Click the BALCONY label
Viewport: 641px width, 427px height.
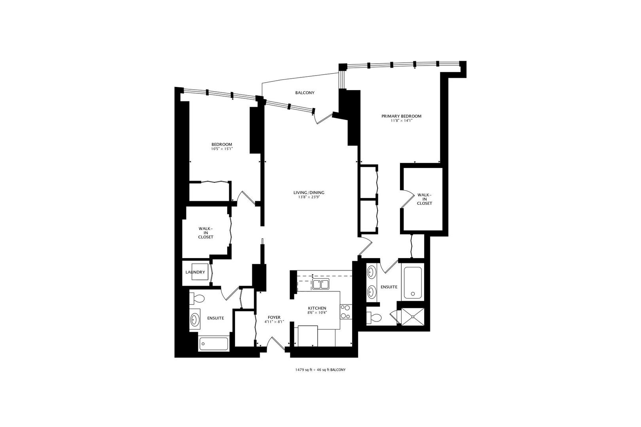coord(305,93)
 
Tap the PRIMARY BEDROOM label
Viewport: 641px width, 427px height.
coord(401,116)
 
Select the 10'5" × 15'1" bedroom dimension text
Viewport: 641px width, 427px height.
coord(222,149)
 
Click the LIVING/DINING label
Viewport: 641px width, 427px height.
coord(306,193)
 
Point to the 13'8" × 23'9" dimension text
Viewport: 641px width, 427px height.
coord(306,197)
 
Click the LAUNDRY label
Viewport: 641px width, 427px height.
coord(195,272)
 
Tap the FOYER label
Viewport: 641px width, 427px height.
coord(274,317)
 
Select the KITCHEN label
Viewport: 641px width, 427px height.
coord(317,308)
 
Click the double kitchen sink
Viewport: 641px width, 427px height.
coord(320,284)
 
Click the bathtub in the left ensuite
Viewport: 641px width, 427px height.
coord(214,344)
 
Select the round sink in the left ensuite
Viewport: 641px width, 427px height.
coord(195,319)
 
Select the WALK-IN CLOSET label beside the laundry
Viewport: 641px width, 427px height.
coord(206,233)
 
